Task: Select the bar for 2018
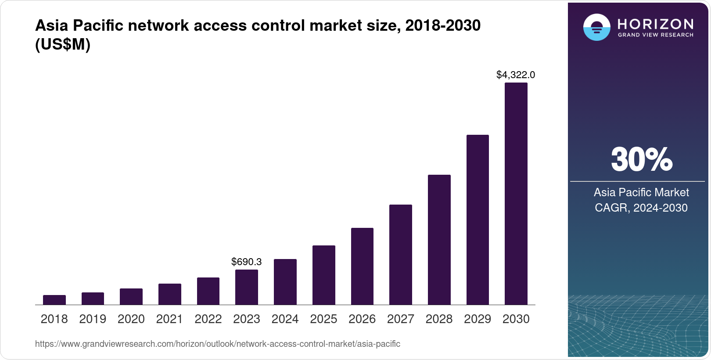(x=54, y=300)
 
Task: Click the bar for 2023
(x=247, y=287)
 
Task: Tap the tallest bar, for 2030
(x=516, y=194)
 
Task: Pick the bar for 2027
(x=401, y=255)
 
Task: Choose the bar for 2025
(x=324, y=275)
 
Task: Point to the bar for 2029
(x=478, y=220)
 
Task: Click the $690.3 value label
(x=247, y=262)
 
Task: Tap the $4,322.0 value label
(x=516, y=75)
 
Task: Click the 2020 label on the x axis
(x=131, y=319)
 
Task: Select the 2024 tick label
(x=285, y=319)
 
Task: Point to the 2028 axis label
(x=439, y=319)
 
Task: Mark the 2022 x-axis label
(x=208, y=319)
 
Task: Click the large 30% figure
(x=642, y=159)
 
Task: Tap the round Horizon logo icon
(x=596, y=27)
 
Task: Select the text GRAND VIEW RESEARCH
(x=656, y=35)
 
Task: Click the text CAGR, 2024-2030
(x=641, y=208)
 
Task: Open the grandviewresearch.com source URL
(x=218, y=344)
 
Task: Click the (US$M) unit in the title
(x=63, y=45)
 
